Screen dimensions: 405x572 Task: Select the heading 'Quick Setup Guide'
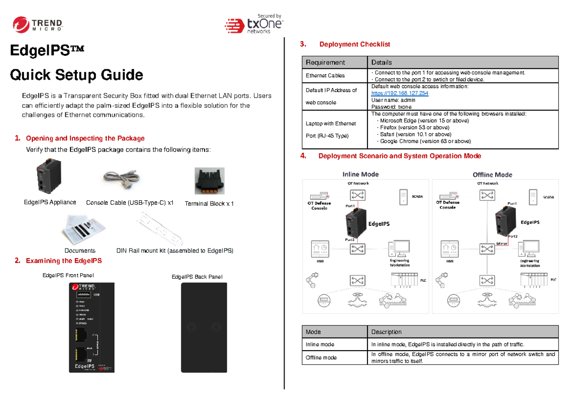(x=77, y=75)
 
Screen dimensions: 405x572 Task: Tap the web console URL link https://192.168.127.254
(x=399, y=93)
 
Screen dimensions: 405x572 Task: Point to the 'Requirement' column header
(x=326, y=62)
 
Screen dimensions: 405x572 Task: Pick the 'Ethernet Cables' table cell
(x=325, y=75)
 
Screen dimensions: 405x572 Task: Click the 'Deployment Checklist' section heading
(x=354, y=44)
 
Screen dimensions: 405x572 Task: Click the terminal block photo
(x=209, y=181)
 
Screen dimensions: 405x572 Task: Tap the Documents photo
(x=81, y=230)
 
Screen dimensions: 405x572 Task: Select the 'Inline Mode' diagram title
(x=360, y=174)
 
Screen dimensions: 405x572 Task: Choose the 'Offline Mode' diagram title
(x=492, y=175)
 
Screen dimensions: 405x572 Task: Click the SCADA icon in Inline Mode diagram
(x=403, y=197)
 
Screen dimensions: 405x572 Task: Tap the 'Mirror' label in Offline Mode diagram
(x=501, y=244)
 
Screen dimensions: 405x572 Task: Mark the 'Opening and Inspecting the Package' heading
(x=85, y=138)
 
